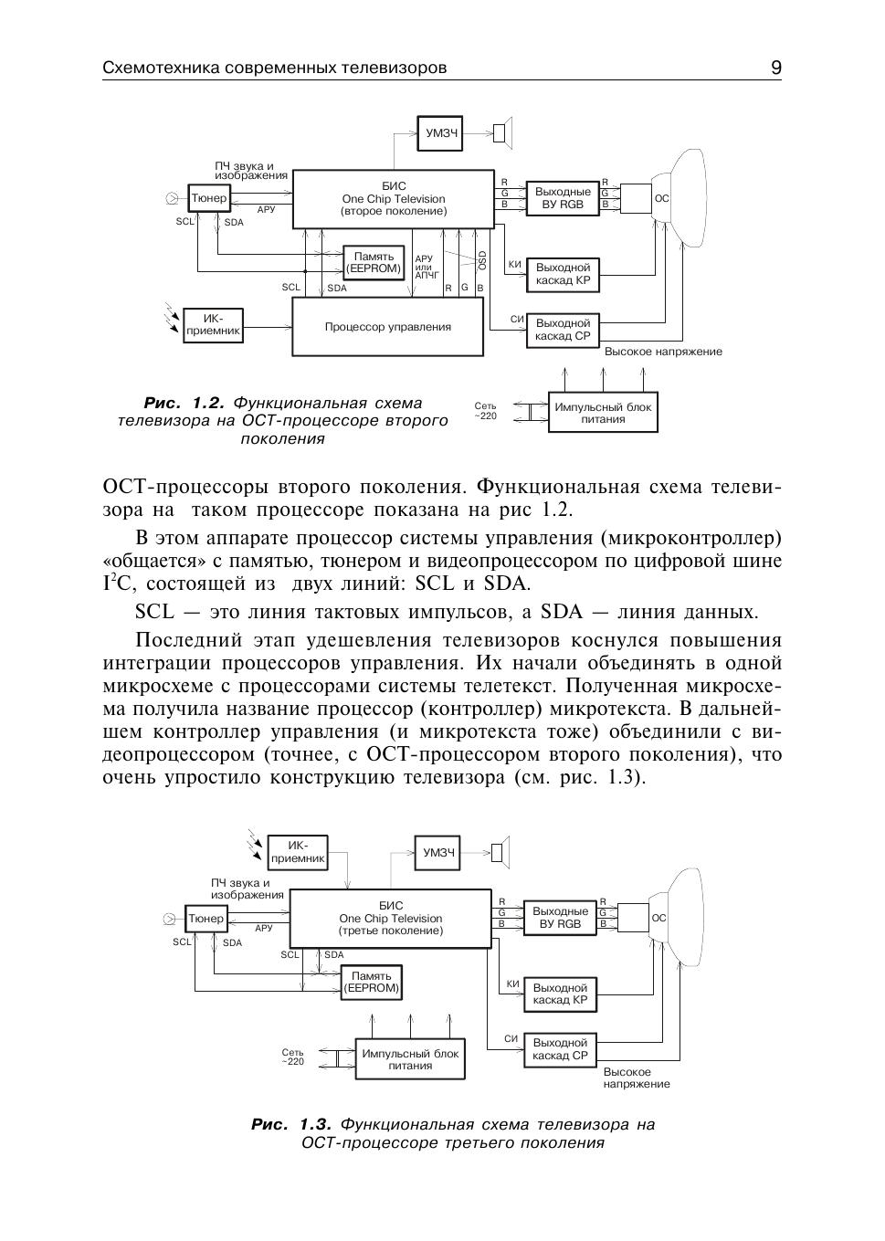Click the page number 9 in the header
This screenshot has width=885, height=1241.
pyautogui.click(x=775, y=68)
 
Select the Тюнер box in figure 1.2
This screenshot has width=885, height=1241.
pyautogui.click(x=209, y=198)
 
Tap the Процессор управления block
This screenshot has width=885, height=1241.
pyautogui.click(x=387, y=327)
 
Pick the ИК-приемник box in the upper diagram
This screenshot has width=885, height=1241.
pyautogui.click(x=213, y=324)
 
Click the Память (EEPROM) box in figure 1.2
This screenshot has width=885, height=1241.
pyautogui.click(x=374, y=263)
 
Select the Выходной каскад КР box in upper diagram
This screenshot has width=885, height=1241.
pyautogui.click(x=563, y=274)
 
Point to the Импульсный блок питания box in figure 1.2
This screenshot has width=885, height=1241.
pyautogui.click(x=603, y=413)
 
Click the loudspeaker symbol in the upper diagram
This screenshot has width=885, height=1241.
pyautogui.click(x=502, y=133)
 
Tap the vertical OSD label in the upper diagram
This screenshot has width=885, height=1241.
pyautogui.click(x=482, y=260)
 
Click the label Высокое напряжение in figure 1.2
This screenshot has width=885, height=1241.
pyautogui.click(x=663, y=352)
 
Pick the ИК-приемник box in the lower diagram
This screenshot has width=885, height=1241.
pyautogui.click(x=298, y=852)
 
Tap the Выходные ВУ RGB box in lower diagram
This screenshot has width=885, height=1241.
pyautogui.click(x=561, y=918)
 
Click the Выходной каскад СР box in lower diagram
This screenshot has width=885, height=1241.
pyautogui.click(x=560, y=1049)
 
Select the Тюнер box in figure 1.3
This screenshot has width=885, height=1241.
pyautogui.click(x=205, y=919)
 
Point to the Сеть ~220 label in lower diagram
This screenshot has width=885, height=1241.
pyautogui.click(x=292, y=1057)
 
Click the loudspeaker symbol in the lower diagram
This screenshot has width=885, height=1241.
pyautogui.click(x=500, y=852)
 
